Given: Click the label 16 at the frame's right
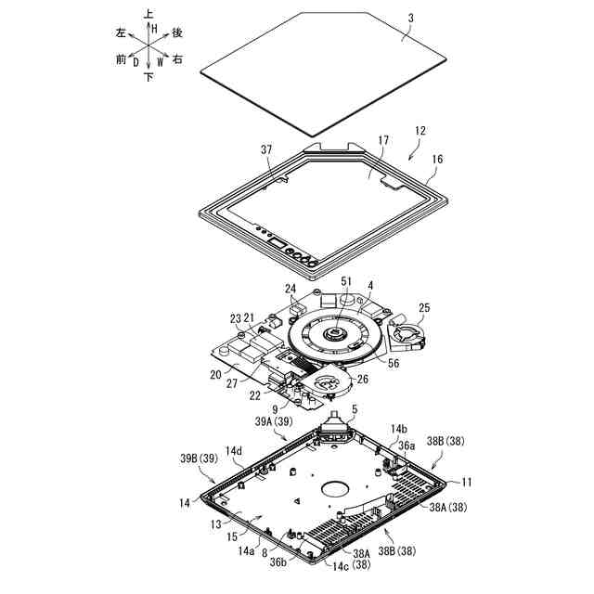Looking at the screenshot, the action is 437,160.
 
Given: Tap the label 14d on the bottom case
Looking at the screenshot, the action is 233,451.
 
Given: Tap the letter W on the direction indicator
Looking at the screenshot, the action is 161,63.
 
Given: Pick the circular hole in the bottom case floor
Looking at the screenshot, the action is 331,486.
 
